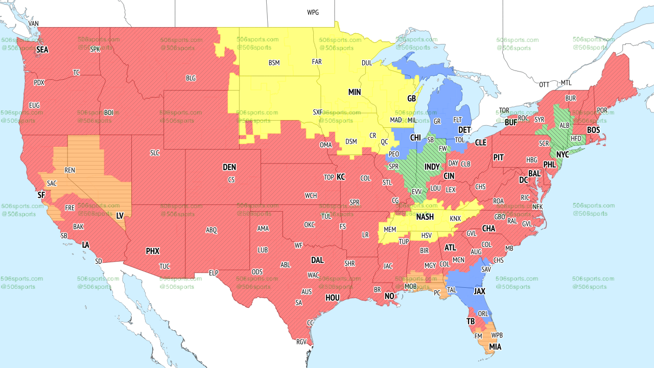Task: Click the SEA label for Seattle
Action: tap(42, 50)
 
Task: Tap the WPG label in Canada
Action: tap(313, 12)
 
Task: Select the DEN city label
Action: tap(229, 167)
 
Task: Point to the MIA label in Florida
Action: tap(495, 347)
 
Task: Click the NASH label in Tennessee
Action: tap(425, 217)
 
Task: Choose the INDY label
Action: tap(432, 167)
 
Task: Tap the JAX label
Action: tap(479, 291)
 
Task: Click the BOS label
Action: tap(593, 130)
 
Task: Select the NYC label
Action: tap(563, 154)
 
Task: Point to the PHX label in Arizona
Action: tap(152, 251)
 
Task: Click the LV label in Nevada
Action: tap(120, 216)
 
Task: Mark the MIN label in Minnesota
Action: tap(355, 92)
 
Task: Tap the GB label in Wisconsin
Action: tap(411, 98)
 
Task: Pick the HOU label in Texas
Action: tap(333, 297)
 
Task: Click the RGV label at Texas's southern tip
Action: tap(301, 342)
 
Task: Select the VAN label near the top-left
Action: tap(33, 24)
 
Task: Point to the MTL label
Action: tap(566, 83)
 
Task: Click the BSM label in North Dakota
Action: tap(274, 63)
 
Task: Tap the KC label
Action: tap(341, 177)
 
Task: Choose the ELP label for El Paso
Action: tap(214, 273)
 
